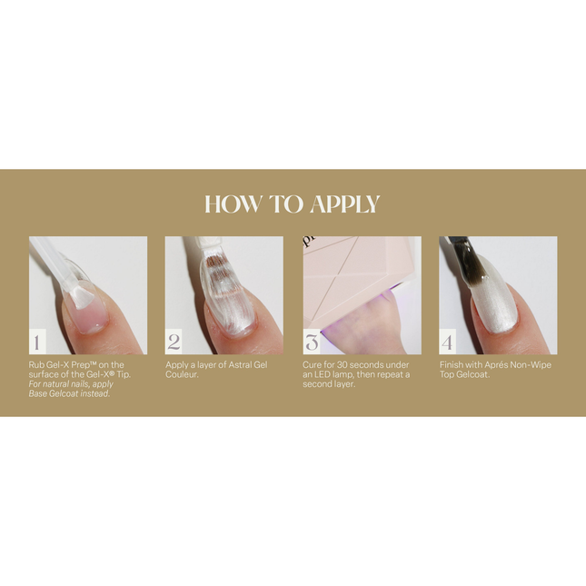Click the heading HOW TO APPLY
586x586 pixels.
click(293, 204)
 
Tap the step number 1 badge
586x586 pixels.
click(36, 343)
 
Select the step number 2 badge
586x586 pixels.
click(174, 343)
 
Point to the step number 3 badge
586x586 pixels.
click(312, 343)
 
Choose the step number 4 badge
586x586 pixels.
click(448, 343)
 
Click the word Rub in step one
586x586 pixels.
click(36, 365)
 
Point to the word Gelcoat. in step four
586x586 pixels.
click(480, 374)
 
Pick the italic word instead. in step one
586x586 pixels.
click(93, 393)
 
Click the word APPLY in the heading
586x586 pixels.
click(344, 204)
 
